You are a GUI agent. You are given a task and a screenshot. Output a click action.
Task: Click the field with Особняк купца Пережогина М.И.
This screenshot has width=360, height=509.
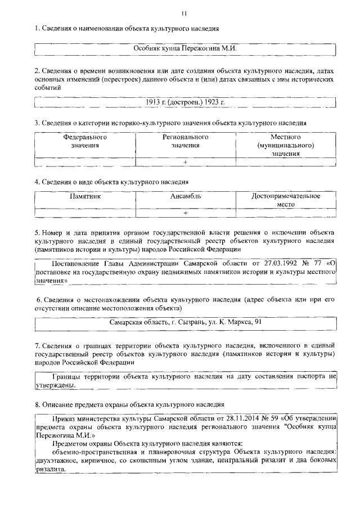point(184,49)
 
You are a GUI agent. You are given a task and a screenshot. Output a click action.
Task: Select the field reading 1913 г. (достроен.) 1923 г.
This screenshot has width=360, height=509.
point(184,102)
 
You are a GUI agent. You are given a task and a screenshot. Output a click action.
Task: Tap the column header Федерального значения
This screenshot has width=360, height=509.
point(85,141)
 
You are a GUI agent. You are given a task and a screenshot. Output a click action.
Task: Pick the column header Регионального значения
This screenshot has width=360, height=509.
point(186,141)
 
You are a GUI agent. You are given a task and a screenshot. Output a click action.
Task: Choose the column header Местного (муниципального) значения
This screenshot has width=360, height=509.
point(285,145)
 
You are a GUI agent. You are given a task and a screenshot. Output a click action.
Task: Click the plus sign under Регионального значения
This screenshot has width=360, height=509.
point(185,162)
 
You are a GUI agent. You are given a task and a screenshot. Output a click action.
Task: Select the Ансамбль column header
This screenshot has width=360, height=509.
point(186,196)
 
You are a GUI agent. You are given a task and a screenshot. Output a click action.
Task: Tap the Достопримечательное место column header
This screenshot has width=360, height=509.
point(285,200)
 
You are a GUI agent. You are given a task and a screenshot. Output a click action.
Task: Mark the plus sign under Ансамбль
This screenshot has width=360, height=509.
point(185,214)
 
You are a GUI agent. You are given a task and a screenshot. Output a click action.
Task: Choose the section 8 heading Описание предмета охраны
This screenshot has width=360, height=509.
point(129,404)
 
